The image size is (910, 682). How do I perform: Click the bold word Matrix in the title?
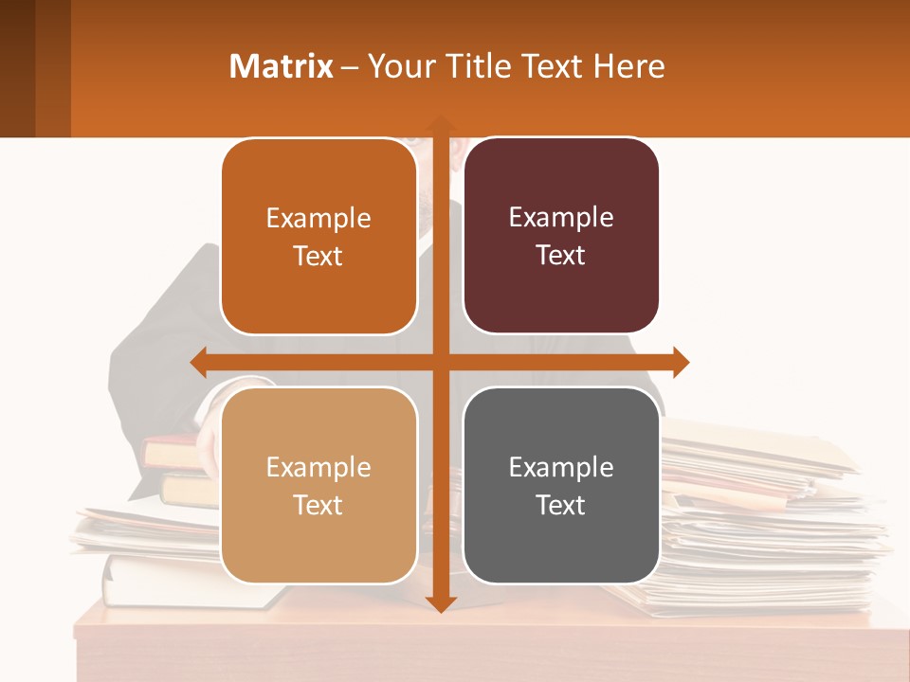click(282, 66)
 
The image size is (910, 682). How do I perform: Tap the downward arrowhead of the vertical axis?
click(440, 603)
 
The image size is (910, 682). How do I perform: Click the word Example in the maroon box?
click(561, 218)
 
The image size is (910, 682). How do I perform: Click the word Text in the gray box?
click(561, 505)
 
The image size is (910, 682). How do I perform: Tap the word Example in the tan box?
click(318, 467)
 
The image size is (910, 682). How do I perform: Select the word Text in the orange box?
click(318, 256)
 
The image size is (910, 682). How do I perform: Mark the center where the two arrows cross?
click(440, 362)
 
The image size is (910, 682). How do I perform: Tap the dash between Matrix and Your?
click(350, 67)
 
